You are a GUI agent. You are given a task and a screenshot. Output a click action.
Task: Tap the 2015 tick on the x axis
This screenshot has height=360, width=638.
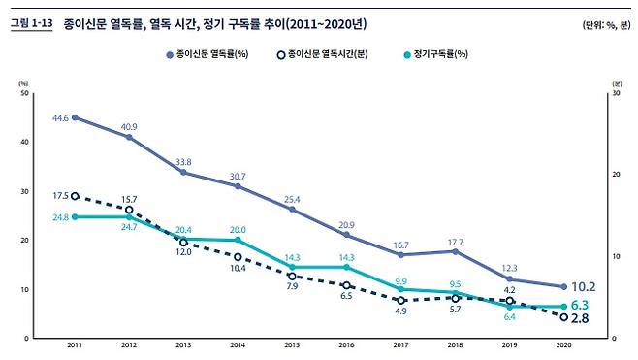(x=292, y=346)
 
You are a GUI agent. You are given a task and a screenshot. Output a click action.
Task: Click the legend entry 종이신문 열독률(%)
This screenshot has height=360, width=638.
(x=207, y=55)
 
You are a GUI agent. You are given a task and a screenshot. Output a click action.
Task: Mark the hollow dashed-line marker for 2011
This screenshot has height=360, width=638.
(x=76, y=196)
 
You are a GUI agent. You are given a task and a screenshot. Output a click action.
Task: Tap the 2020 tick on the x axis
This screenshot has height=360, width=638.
(x=563, y=346)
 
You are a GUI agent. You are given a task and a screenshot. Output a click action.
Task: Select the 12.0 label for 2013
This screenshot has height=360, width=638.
(x=183, y=252)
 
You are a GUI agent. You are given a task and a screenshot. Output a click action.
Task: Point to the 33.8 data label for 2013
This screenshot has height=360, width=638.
(x=182, y=162)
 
